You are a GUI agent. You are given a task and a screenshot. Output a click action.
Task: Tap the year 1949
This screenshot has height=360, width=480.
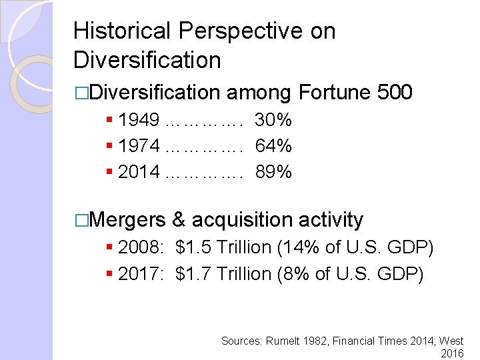[x=139, y=120]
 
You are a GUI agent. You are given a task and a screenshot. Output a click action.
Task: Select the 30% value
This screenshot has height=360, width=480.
[x=273, y=120]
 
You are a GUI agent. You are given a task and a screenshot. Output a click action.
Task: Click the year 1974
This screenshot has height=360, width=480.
[x=139, y=146]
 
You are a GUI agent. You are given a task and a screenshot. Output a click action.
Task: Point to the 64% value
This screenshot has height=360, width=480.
[x=273, y=146]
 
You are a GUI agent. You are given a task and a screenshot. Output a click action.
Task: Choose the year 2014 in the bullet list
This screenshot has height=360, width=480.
[x=139, y=172]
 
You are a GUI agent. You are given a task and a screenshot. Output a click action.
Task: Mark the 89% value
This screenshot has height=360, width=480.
[x=273, y=172]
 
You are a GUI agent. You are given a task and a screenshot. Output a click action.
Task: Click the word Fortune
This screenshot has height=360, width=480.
[x=335, y=93]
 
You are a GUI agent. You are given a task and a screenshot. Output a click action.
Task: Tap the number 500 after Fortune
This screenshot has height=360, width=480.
[x=395, y=93]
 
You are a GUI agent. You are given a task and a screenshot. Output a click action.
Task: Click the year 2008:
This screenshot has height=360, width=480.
[x=141, y=248]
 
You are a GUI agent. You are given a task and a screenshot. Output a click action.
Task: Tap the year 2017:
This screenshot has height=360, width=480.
[x=141, y=274]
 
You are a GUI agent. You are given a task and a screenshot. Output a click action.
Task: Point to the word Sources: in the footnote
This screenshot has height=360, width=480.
[x=242, y=341]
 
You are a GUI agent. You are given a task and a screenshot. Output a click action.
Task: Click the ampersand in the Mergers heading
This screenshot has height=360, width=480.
[x=179, y=219]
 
